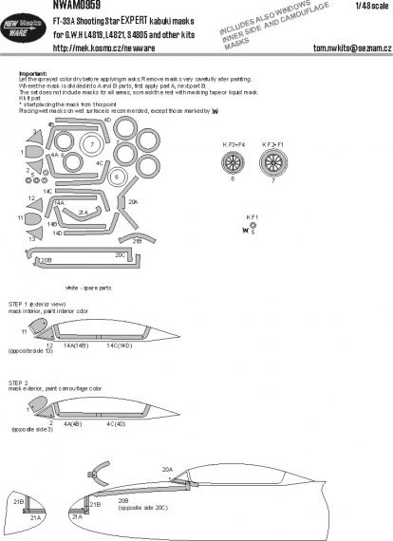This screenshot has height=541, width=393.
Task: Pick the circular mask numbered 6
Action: (x=116, y=177)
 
